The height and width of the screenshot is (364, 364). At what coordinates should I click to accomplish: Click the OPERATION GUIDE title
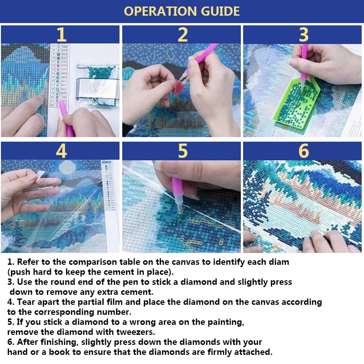point(182,11)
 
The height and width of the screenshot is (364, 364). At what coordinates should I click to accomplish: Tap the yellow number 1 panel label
point(61,35)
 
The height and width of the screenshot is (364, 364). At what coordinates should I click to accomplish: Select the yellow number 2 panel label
point(182,35)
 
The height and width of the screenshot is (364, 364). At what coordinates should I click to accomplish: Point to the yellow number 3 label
point(303,35)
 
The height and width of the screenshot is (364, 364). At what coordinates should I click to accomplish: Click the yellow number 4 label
point(61,151)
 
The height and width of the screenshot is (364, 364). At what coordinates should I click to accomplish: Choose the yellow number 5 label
point(182,151)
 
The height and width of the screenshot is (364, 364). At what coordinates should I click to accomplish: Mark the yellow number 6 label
point(303,151)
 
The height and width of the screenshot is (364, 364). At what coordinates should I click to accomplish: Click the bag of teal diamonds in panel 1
point(96,84)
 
